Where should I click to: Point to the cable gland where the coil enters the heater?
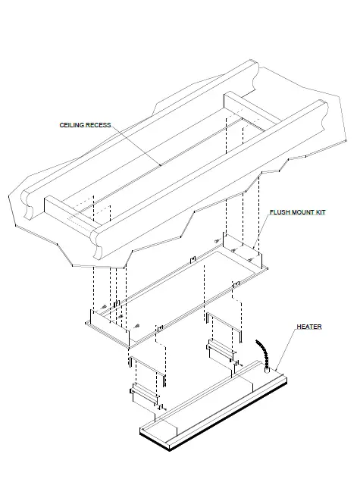pyautogui.click(x=268, y=370)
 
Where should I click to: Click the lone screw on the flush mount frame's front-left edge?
pyautogui.click(x=136, y=326)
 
